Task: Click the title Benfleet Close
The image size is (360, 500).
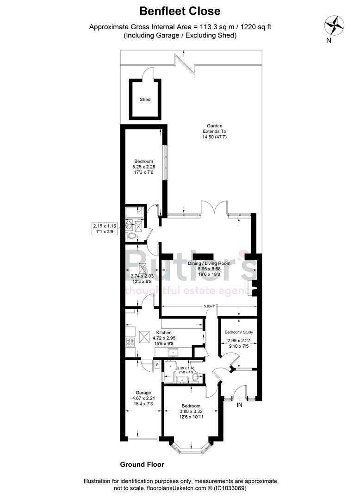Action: (180, 11)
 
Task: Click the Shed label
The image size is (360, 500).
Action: (145, 99)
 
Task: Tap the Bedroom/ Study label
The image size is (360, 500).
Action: (239, 332)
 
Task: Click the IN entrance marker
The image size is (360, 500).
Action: (239, 405)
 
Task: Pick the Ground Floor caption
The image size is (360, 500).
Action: (142, 464)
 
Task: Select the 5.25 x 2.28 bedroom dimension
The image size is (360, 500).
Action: (144, 167)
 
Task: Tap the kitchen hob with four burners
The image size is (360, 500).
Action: (130, 343)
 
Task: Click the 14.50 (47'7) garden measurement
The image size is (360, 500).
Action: (214, 137)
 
